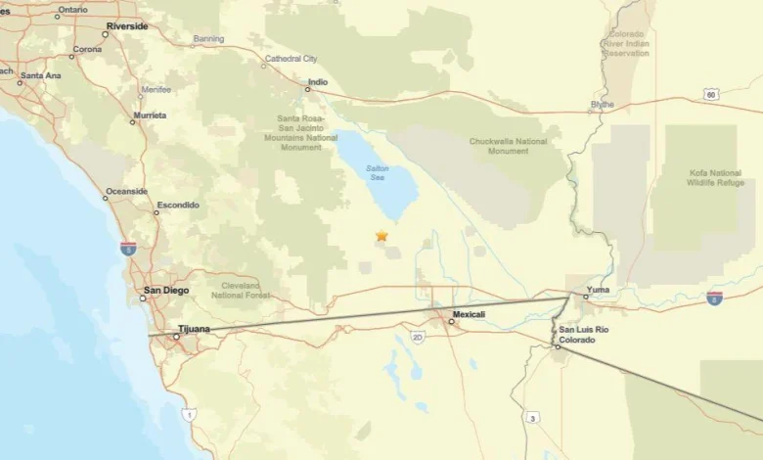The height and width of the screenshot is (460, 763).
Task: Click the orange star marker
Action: tap(381, 236)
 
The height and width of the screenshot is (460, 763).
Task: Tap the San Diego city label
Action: tap(166, 290)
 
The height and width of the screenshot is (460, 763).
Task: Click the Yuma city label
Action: tap(598, 290)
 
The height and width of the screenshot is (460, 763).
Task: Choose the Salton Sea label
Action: tap(378, 172)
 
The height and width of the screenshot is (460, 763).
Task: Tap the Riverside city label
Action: tap(127, 25)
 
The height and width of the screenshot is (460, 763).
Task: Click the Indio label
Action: tap(318, 82)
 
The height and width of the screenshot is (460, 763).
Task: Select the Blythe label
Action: tap(603, 104)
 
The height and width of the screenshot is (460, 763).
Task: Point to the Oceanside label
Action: tap(127, 191)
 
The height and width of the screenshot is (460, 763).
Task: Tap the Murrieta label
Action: tap(149, 115)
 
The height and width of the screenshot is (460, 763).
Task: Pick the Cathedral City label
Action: tap(291, 59)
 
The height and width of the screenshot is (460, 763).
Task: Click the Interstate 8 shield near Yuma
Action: tap(715, 297)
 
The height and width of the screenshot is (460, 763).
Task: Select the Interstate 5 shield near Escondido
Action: tap(128, 248)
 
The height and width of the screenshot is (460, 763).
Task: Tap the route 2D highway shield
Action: tap(418, 338)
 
